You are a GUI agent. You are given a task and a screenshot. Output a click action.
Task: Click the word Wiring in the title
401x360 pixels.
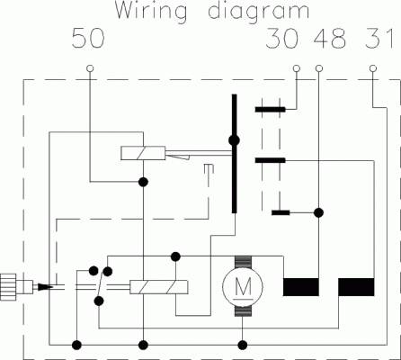coord(151,12)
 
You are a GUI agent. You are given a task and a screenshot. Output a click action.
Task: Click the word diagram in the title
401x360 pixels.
coord(259,12)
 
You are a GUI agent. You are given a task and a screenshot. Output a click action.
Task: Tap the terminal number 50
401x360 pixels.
coord(88,39)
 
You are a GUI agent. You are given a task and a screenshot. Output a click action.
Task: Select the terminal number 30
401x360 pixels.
coord(282,39)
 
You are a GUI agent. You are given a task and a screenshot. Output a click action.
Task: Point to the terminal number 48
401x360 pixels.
coord(329,39)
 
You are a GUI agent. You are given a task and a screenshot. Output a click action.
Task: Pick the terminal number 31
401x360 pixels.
coord(379,39)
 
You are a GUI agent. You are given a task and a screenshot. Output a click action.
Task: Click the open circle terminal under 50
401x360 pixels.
coord(90,68)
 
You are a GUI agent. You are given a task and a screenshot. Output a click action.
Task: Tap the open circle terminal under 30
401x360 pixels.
coord(297,68)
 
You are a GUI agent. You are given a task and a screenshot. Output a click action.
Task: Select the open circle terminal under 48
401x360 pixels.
coord(319,68)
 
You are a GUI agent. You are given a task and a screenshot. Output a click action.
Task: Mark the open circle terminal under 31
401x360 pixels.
coord(373,68)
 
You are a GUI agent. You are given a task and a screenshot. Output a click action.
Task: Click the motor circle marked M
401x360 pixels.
coord(243,286)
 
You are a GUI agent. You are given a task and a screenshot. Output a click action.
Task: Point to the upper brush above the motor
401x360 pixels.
coord(243,262)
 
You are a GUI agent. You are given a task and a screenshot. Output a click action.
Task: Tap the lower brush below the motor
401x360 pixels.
coord(243,310)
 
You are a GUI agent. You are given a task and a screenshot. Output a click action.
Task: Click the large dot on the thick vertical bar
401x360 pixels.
coord(234,140)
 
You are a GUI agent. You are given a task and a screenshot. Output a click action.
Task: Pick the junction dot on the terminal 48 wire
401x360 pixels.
coord(319,212)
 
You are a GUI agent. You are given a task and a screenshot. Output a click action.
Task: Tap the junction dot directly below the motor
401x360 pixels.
coord(243,346)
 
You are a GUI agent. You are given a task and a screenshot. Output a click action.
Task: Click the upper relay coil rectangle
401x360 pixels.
coord(143,153)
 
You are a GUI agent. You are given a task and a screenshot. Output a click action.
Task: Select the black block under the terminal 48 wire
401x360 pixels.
coord(301,287)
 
